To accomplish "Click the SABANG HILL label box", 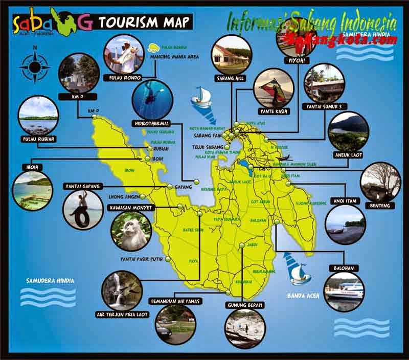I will [x=231, y=78].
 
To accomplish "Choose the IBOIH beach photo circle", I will [x=32, y=190].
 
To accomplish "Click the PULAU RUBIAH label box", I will [x=38, y=139].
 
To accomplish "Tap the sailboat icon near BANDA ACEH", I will [x=299, y=272].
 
